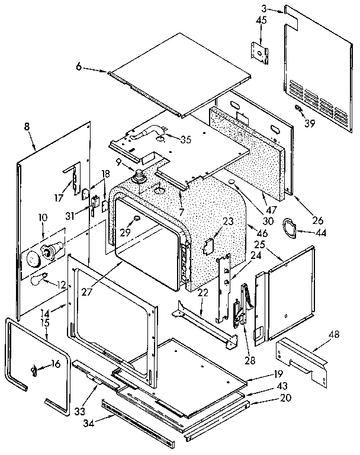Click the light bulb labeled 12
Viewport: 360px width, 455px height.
[38, 279]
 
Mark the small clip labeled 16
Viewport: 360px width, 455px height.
[34, 370]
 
